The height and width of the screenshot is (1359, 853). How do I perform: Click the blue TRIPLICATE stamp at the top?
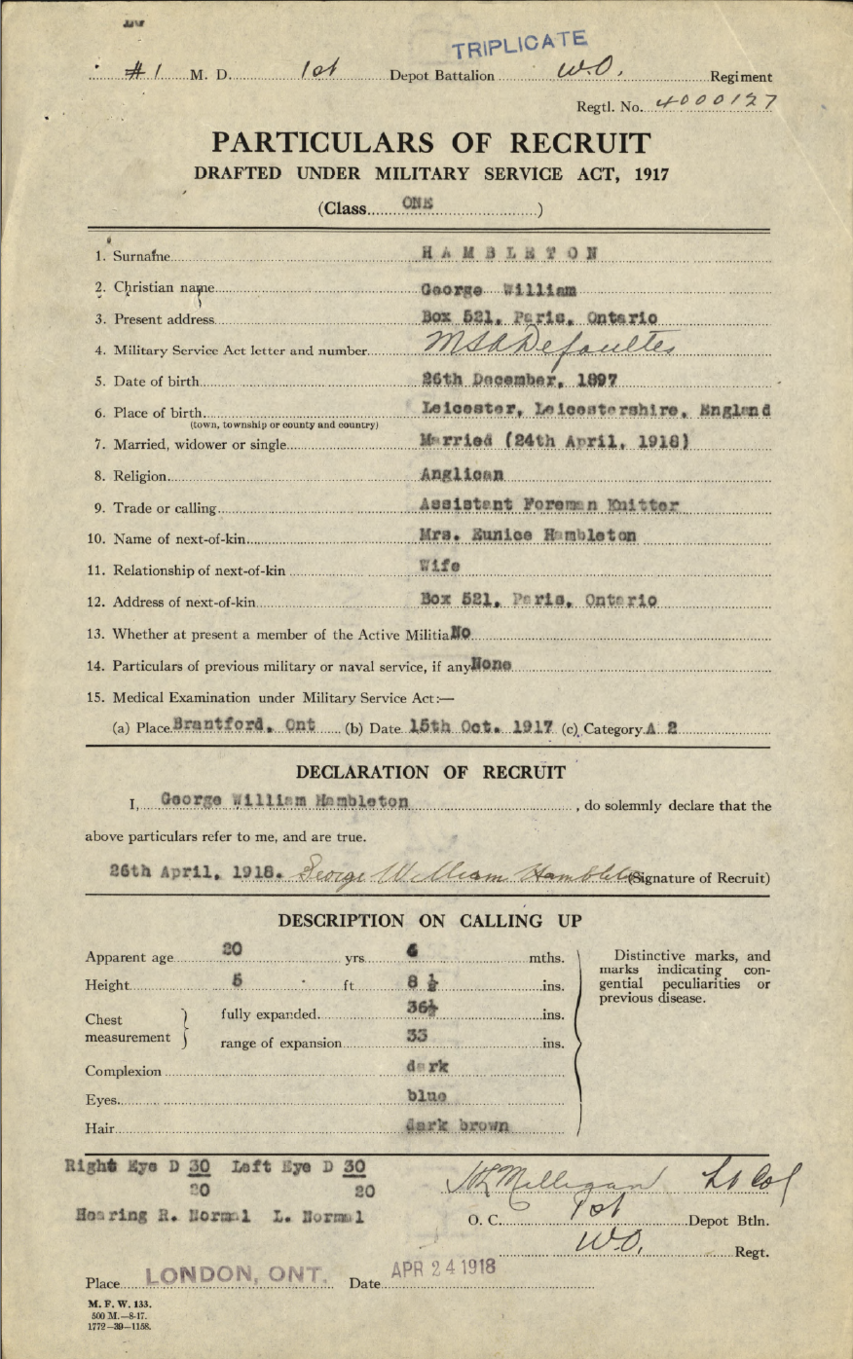coord(521,44)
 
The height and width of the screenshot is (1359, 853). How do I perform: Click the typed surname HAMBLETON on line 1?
coord(510,255)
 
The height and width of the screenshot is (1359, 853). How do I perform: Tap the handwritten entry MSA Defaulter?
coord(535,349)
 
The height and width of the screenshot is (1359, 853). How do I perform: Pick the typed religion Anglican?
coord(463,475)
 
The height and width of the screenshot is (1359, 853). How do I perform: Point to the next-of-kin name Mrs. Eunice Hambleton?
coord(529,537)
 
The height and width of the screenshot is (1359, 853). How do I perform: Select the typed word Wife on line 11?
coord(440,568)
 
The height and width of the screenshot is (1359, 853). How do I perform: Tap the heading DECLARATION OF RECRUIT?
coord(430,773)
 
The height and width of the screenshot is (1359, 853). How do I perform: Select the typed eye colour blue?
coord(426,1098)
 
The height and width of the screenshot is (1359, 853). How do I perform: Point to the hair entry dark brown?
coord(458,1127)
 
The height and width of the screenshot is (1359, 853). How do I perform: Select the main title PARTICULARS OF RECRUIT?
coord(431,143)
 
